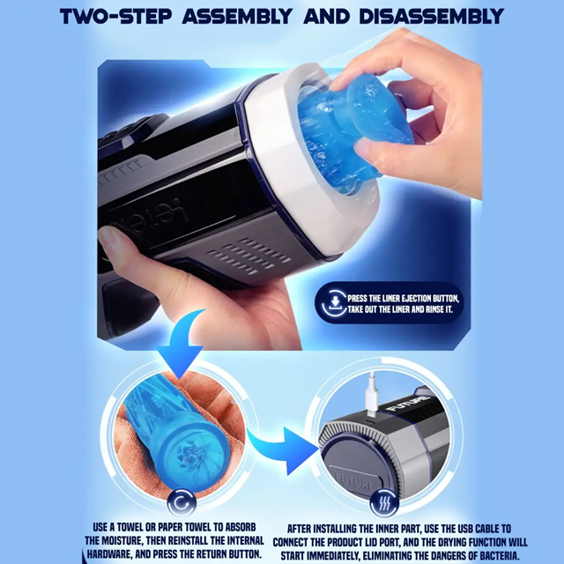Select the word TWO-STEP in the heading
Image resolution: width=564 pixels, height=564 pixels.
pyautogui.click(x=111, y=17)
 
